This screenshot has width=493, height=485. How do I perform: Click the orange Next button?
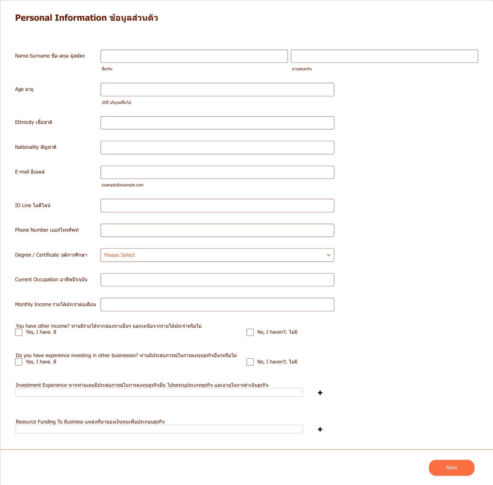tap(451, 468)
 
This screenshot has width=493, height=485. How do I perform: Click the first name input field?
tap(194, 56)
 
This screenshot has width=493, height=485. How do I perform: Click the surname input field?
tap(384, 56)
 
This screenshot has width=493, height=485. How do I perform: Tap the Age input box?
tap(217, 90)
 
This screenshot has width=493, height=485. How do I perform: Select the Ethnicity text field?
tap(217, 123)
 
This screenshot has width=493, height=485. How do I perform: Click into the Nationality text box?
tap(217, 148)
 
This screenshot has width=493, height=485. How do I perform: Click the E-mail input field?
tap(217, 172)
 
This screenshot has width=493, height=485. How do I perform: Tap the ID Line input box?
tap(217, 206)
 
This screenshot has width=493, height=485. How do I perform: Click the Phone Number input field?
tap(217, 230)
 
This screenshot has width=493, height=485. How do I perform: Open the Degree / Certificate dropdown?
tap(217, 255)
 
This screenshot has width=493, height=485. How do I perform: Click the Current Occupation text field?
tap(217, 280)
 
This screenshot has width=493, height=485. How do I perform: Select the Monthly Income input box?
tap(217, 305)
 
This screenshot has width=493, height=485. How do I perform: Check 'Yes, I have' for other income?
tap(19, 333)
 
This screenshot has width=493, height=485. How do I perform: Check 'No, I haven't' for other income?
tap(250, 333)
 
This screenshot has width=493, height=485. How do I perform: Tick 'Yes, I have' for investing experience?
tap(19, 362)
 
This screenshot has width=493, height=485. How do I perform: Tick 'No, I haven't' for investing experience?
tap(250, 362)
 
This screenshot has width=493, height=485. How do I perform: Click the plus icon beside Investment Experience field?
tap(320, 393)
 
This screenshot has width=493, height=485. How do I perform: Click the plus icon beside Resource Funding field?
tap(320, 429)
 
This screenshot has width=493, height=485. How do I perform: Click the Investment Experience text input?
tap(159, 393)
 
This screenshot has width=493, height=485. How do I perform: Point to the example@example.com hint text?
tap(122, 185)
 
